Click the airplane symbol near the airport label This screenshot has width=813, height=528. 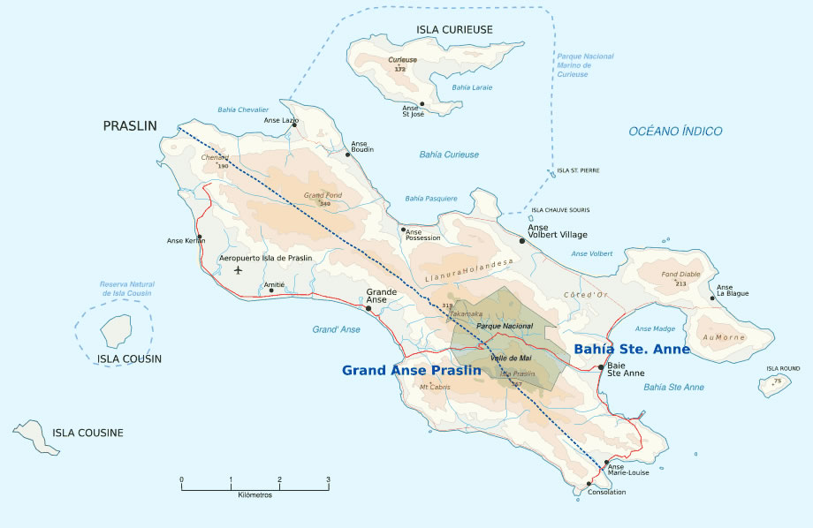coord(238,270)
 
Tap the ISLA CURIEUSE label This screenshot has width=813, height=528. coord(454,29)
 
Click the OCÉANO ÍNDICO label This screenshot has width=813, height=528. coord(675,131)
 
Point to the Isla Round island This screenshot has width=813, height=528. coord(774,385)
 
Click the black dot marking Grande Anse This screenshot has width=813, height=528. coord(369,308)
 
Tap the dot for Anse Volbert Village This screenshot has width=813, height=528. coord(522,240)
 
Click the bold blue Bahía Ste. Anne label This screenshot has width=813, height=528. coord(631,350)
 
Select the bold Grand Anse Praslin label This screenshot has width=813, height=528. coord(411,371)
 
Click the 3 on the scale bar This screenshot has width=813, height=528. coord(328,479)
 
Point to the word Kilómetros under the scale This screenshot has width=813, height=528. coord(255,495)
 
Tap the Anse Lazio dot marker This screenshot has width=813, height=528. coord(294,124)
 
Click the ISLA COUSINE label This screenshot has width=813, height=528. coord(87,433)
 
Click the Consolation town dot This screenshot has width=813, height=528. coord(589,484)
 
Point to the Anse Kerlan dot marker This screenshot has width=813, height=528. coord(201,237)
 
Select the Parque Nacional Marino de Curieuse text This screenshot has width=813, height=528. coord(584,65)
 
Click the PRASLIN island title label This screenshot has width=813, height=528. coord(129,126)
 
